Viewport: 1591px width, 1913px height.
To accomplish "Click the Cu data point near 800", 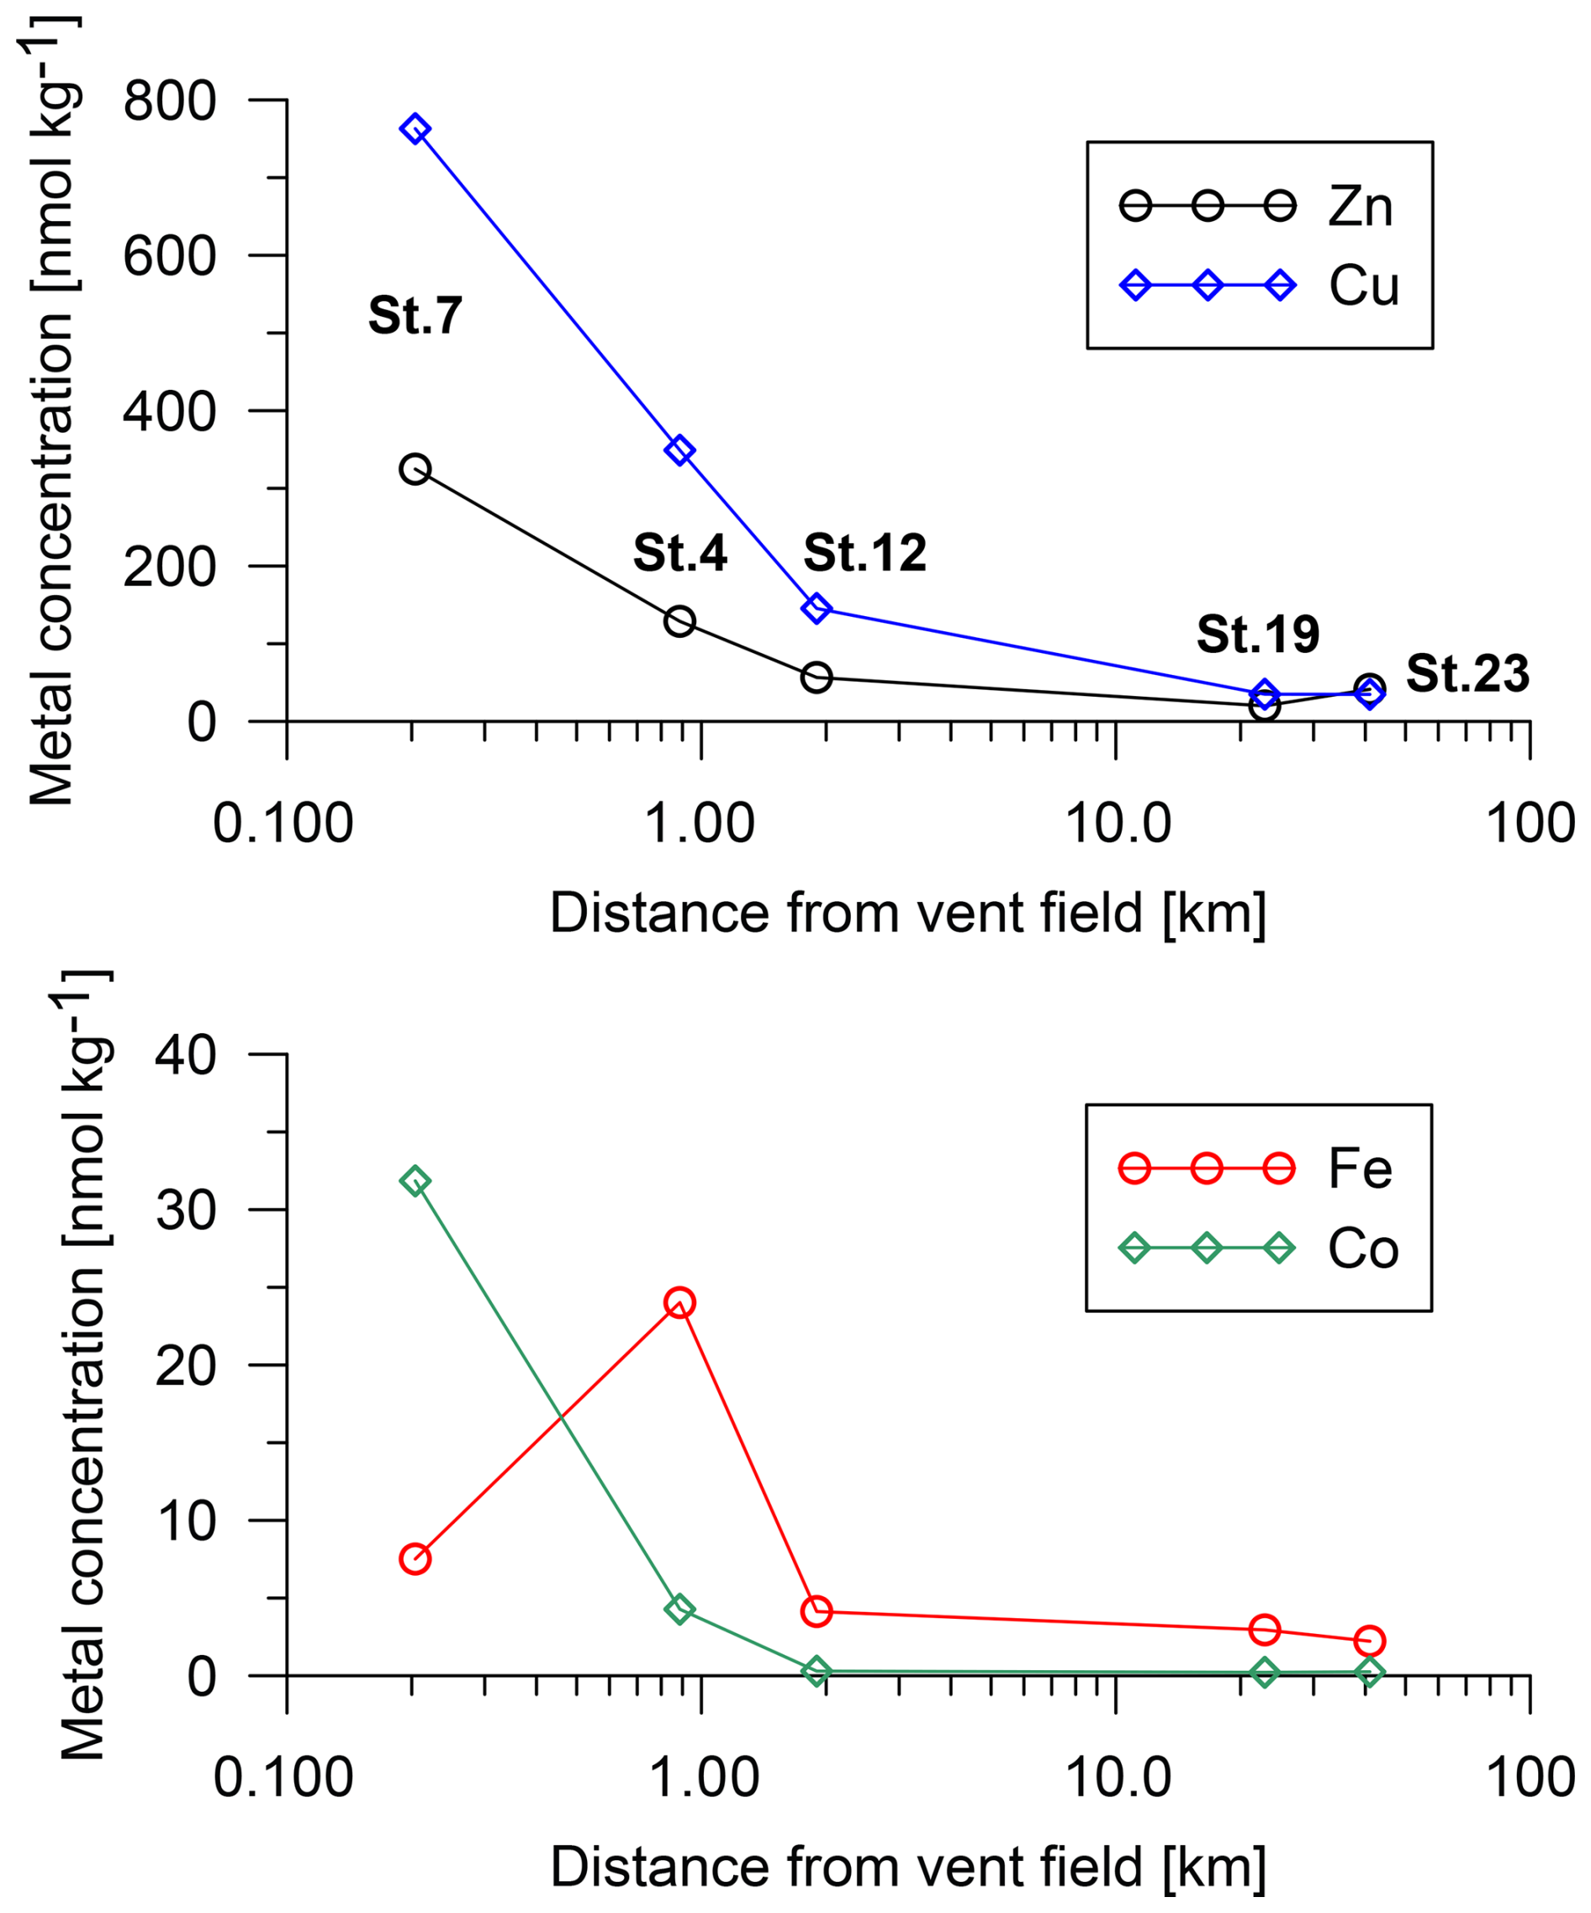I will point(415,129).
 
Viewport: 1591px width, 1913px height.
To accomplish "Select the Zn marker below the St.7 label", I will point(415,469).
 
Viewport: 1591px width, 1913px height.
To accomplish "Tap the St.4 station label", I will point(679,553).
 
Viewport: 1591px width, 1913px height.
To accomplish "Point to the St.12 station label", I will point(864,553).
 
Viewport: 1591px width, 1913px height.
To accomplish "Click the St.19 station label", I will point(1257,634).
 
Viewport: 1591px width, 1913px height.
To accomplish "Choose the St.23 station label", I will point(1467,674).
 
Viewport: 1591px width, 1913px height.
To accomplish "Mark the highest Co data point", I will point(415,1182).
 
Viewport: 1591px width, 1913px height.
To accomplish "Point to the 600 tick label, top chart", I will point(170,257).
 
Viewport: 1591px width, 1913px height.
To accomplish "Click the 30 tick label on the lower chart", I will point(186,1210).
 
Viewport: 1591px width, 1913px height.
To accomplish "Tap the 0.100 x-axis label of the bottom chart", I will point(283,1778).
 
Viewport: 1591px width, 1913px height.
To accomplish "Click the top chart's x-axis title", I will point(907,914).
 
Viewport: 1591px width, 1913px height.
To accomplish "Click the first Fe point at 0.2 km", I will point(415,1558).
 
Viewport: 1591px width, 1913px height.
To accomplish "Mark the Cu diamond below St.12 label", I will point(817,608).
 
